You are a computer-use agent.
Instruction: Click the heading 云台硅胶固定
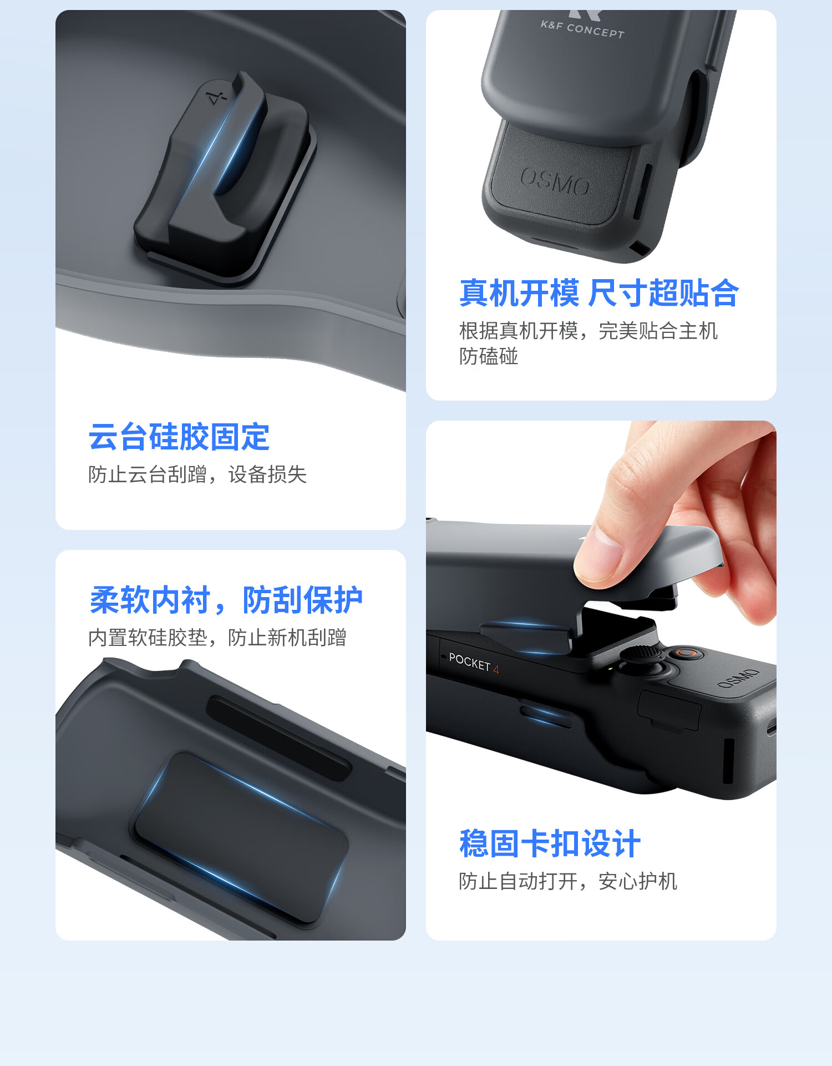pos(179,437)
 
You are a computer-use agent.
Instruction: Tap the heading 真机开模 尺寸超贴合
pos(600,293)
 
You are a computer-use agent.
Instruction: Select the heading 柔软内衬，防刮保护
pos(226,600)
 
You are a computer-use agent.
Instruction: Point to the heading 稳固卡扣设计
pos(550,843)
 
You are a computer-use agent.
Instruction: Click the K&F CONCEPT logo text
pos(582,29)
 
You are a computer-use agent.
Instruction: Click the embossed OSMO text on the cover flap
pos(555,182)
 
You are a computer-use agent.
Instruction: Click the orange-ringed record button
pos(687,653)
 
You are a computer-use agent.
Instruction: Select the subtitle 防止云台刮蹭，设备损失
pos(197,474)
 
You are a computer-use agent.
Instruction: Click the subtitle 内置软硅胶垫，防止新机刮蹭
pos(217,638)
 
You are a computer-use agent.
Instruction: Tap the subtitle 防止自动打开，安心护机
pos(568,881)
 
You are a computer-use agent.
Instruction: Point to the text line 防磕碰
pos(489,356)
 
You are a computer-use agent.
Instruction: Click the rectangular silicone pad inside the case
pos(239,838)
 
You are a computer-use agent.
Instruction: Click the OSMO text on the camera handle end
pos(738,679)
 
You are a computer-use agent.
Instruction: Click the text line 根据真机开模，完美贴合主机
pos(589,331)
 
